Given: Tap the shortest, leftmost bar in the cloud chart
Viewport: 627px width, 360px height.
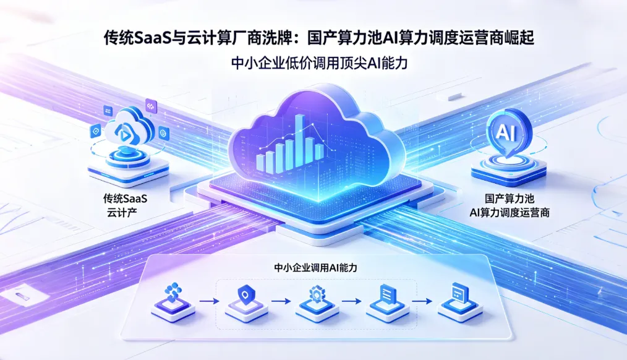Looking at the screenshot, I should (261, 163).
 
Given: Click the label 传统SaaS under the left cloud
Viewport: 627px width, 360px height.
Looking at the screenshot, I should (129, 199).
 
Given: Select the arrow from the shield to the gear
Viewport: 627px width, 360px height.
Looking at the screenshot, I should (280, 301).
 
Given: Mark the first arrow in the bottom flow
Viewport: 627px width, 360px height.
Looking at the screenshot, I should (207, 301).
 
